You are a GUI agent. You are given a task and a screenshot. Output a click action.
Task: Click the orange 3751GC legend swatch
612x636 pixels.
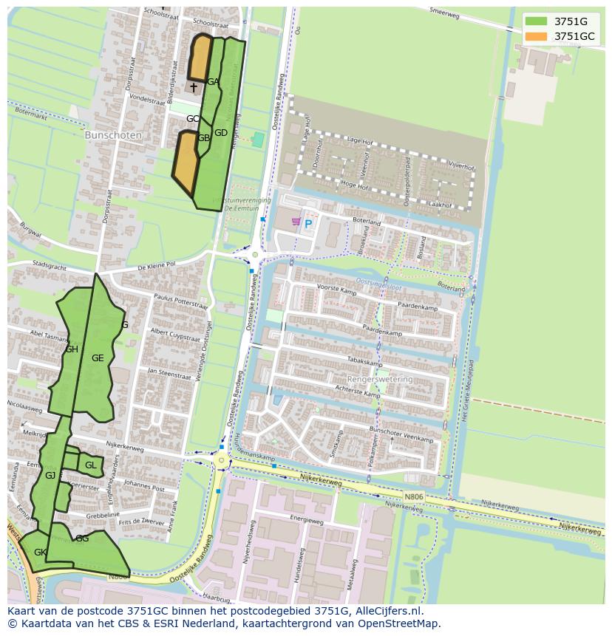coord(537,36)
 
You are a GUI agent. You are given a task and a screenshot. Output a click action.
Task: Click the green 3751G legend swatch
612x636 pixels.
coord(537,21)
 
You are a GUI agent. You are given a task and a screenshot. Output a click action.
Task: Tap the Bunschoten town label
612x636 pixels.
coord(111,136)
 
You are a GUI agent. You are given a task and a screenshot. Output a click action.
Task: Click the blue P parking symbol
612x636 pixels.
coord(308,223)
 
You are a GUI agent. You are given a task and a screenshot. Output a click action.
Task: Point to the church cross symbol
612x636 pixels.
coord(194,87)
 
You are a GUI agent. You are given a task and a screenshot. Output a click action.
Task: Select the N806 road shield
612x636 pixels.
coord(415,497)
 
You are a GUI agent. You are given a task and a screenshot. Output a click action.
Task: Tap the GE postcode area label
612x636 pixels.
coord(98,358)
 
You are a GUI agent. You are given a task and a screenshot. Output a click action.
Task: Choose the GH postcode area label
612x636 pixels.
coord(72,349)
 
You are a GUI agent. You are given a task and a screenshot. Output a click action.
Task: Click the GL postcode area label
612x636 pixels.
coord(90,465)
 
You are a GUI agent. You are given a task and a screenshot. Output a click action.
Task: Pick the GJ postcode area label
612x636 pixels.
coord(50,476)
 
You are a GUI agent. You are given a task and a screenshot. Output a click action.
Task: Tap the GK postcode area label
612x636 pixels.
coord(41,553)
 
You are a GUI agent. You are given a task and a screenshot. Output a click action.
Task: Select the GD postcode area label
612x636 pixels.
coord(220,133)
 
